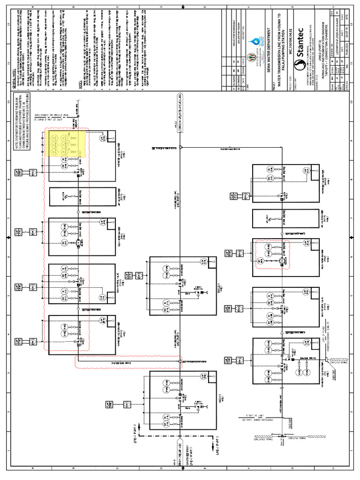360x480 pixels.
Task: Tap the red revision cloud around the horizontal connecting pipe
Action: tap(129, 361)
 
